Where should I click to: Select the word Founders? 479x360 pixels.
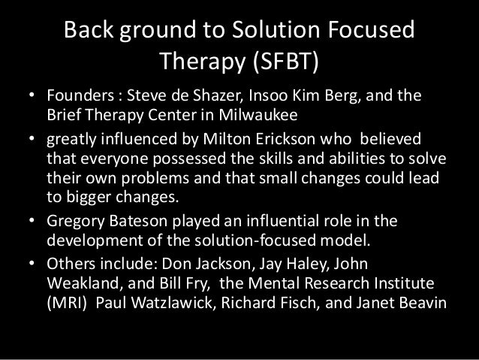pos(78,99)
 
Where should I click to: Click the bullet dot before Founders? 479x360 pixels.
pos(31,99)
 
